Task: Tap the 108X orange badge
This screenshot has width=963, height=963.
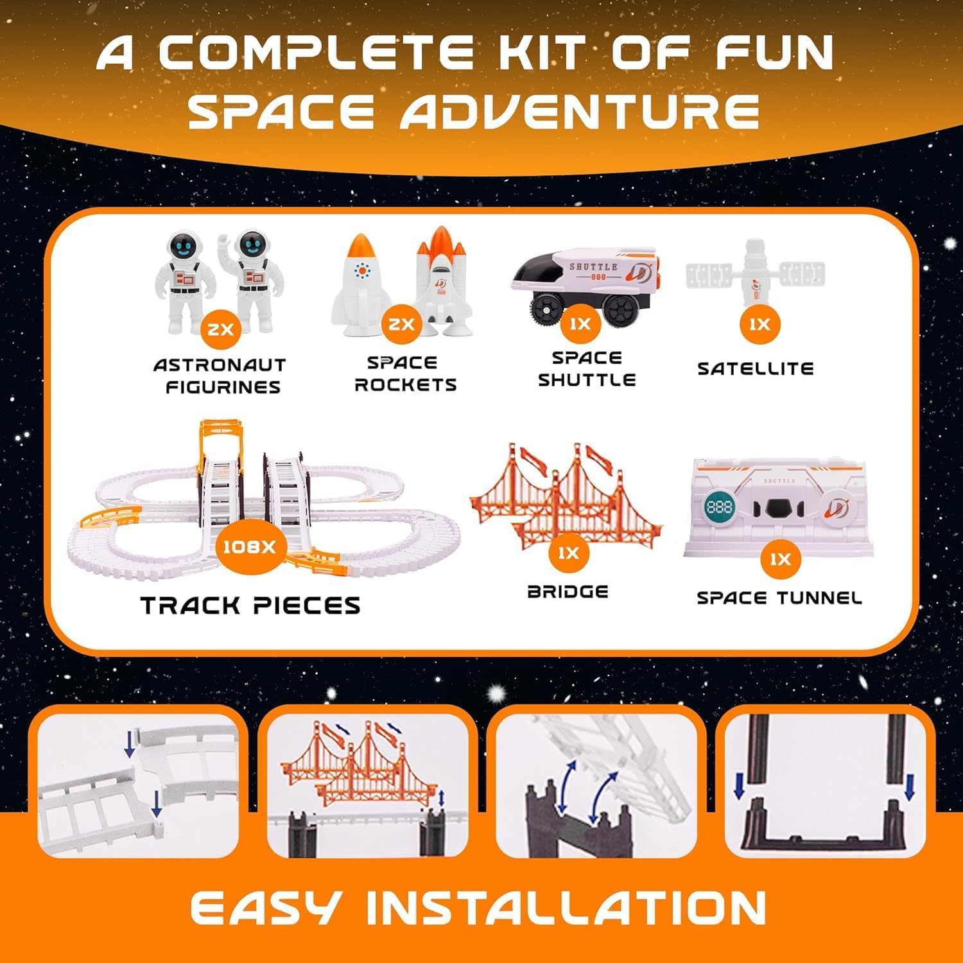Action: tap(249, 547)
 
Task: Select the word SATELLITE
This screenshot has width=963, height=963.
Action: tap(755, 369)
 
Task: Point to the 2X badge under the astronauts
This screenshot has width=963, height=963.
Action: tap(220, 329)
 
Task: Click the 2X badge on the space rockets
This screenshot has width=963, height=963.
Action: tap(401, 324)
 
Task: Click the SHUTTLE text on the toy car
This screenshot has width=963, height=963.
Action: tap(594, 266)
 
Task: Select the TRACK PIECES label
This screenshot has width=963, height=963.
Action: tap(250, 605)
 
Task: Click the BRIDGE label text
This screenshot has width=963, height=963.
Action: tap(568, 591)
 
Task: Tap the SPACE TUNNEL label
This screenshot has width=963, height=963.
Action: tap(779, 598)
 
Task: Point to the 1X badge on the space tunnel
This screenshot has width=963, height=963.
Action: tap(780, 559)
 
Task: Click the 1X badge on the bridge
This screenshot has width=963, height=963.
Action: tap(568, 553)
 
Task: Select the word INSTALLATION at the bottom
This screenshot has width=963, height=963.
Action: tap(566, 908)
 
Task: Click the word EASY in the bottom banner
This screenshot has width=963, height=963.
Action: tap(265, 908)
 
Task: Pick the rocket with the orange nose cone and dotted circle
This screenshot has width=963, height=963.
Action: tap(362, 284)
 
